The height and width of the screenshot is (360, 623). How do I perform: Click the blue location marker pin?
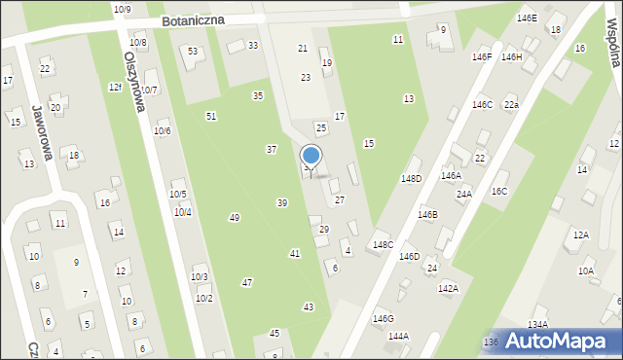[311, 157]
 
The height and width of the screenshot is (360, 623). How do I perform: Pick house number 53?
[193, 51]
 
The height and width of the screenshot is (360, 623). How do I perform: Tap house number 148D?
[411, 178]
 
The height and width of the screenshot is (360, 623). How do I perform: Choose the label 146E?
[527, 18]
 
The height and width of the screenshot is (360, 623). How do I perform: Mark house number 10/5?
[179, 195]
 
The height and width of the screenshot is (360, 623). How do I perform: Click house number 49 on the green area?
[234, 217]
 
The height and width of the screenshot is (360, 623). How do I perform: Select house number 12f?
[115, 88]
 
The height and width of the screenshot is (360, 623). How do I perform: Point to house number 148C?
[383, 244]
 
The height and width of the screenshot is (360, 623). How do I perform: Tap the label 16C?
[499, 192]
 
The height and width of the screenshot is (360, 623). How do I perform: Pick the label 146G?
[384, 318]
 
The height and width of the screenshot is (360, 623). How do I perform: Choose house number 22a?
[511, 104]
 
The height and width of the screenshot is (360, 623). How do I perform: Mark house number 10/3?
[199, 276]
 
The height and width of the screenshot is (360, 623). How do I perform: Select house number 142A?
[448, 288]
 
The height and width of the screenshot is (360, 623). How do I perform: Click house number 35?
[258, 95]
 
